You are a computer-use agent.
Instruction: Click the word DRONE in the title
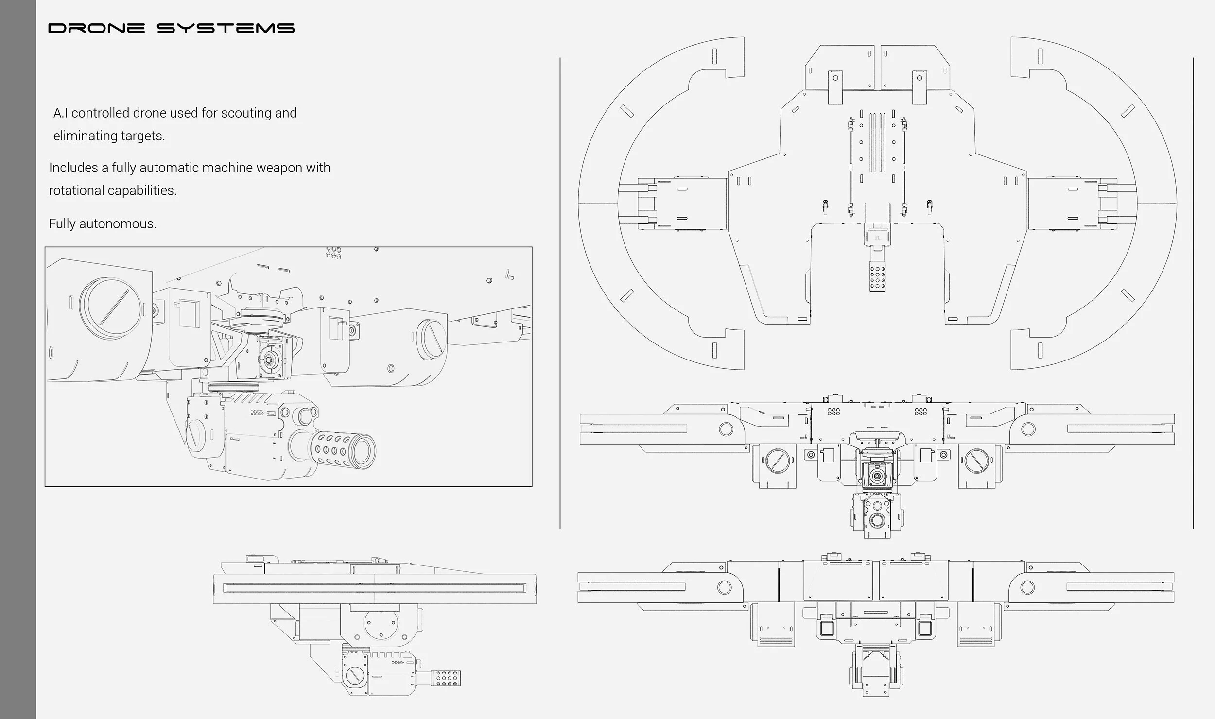pos(96,28)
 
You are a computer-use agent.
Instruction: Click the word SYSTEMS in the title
pos(226,28)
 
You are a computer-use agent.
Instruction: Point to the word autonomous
pos(117,224)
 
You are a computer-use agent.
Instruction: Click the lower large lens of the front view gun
pos(878,521)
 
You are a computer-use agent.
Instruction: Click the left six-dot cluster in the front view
pos(833,411)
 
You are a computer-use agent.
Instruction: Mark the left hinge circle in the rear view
pos(724,587)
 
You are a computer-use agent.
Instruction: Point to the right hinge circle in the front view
pos(1028,428)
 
